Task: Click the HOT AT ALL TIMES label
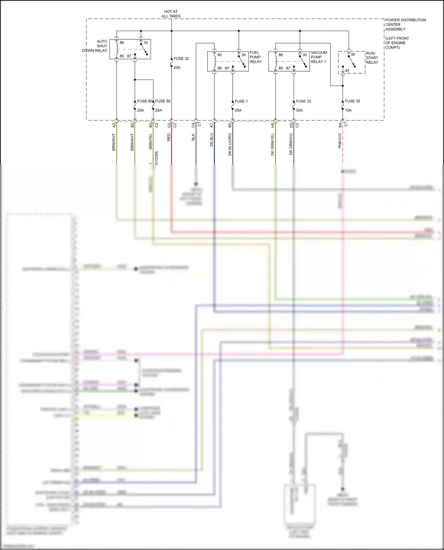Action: pos(171,14)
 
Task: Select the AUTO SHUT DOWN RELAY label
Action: pos(95,46)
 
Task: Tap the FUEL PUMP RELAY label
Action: pos(256,57)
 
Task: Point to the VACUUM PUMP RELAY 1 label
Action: pos(319,57)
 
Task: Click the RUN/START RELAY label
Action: pos(372,58)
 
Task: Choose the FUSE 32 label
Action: pos(181,59)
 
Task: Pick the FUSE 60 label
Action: pos(144,101)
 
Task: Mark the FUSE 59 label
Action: pos(163,101)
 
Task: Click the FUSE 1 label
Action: pos(241,101)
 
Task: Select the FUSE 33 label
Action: pos(303,101)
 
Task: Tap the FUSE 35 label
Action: pos(352,101)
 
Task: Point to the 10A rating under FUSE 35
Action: pos(348,110)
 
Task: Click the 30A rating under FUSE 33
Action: pos(299,110)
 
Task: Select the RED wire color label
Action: pos(169,137)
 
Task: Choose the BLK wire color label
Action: pos(193,137)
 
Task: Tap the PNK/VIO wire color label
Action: pos(340,141)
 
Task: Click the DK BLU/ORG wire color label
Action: pos(230,145)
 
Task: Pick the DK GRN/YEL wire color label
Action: pos(273,145)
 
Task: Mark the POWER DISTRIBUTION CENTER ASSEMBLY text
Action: pos(406,25)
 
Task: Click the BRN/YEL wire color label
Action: pos(151,141)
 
